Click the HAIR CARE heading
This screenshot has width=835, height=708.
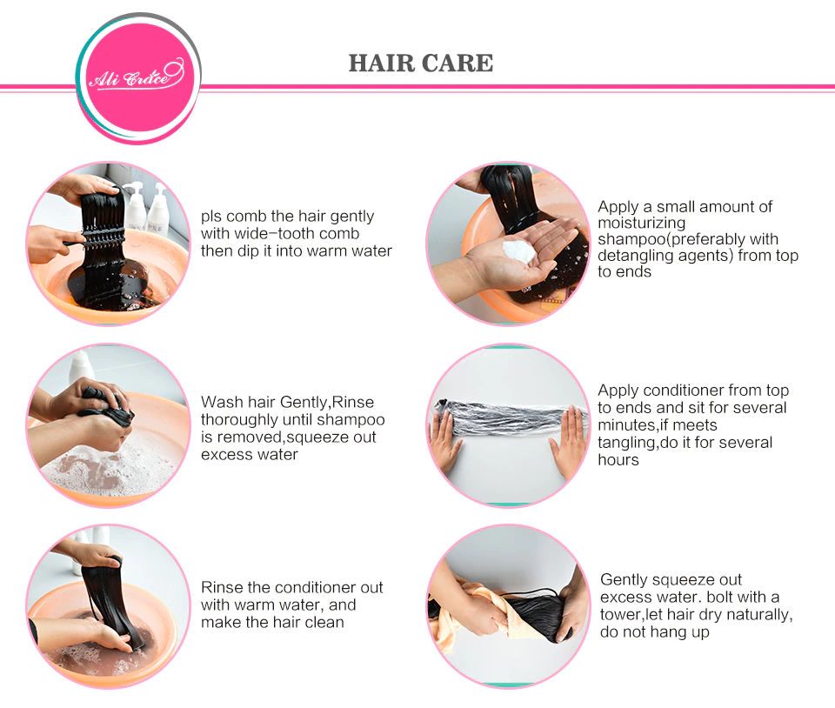tap(421, 63)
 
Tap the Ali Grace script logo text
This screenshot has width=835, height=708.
tap(137, 76)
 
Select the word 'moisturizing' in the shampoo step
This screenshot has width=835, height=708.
tap(641, 223)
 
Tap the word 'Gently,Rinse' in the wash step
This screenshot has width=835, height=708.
tap(327, 403)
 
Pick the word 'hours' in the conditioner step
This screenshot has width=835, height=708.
tap(618, 460)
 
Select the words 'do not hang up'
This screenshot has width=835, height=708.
tap(654, 632)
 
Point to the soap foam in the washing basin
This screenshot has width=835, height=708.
tap(106, 469)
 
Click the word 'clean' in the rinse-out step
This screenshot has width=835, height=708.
tap(324, 622)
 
